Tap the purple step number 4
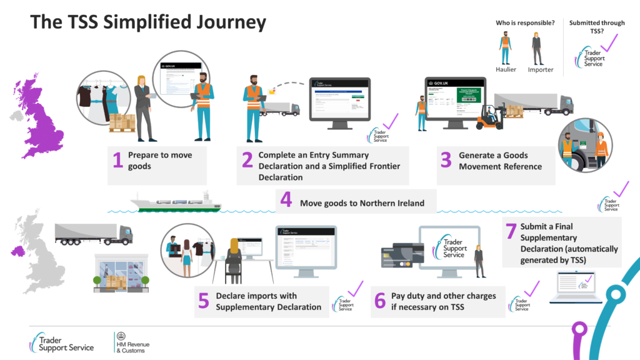coord(286,201)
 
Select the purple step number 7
coord(511,231)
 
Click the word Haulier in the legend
coord(505,69)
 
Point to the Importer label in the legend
coord(541,69)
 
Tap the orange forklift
coord(490,117)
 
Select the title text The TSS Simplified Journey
coord(148,23)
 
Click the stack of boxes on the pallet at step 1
coord(122,123)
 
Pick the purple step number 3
coord(445,161)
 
